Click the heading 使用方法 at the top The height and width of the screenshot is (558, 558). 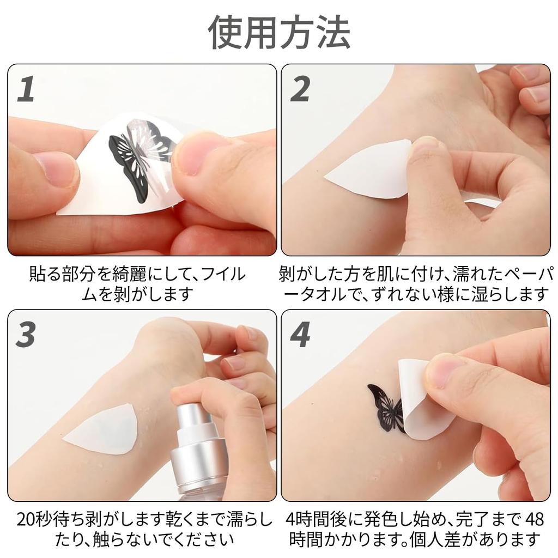pos(280,33)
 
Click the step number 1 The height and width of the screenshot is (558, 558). pos(26,89)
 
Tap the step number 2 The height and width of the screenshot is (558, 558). pos(300,89)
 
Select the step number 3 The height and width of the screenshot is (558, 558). pos(26,334)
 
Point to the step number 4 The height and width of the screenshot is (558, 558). pos(300,334)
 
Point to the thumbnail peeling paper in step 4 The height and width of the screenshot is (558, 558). pos(445,372)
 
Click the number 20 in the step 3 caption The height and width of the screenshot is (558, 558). pos(26,520)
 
